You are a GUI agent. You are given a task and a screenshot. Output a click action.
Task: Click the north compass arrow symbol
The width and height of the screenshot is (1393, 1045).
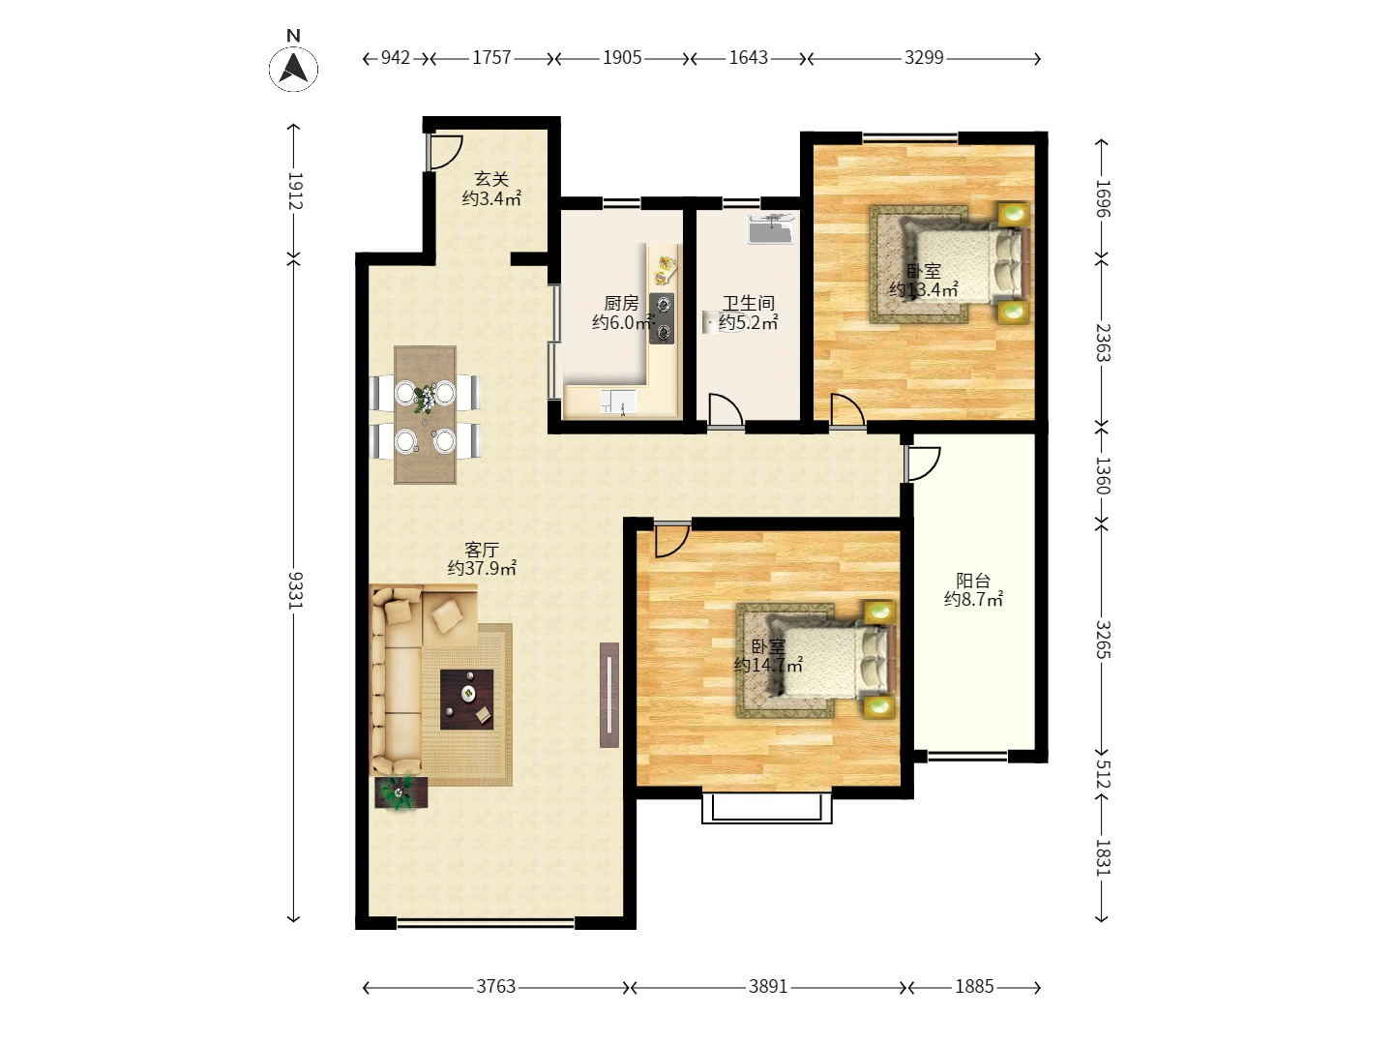pos(293,69)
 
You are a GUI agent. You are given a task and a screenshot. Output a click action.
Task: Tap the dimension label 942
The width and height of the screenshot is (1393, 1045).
pos(396,58)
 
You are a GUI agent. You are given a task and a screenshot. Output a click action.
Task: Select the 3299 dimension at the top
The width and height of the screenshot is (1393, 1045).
pos(924,58)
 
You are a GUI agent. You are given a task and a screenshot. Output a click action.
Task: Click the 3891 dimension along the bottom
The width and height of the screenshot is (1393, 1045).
pos(768,986)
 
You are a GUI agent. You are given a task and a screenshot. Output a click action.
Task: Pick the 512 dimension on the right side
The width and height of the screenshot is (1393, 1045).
pos(1103,774)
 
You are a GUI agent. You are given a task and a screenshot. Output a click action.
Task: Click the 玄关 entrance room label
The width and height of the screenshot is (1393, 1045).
pos(491,179)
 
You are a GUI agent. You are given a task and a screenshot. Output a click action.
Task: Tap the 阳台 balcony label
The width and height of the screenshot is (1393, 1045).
pos(973,580)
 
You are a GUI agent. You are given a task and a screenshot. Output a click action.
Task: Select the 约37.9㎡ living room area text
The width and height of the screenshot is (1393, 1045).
pos(482,568)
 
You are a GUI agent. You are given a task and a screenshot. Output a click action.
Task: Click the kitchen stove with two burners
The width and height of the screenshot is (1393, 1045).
pos(662,318)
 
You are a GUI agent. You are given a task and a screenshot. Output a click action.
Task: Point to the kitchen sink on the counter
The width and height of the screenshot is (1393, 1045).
pos(618,402)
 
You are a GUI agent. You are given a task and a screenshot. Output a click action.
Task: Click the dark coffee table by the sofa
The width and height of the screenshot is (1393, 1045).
pos(467,700)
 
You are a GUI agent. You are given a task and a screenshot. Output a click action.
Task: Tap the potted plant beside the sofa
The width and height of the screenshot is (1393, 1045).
pos(400,791)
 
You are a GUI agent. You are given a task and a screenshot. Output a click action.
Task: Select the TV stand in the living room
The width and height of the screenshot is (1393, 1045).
pos(608,695)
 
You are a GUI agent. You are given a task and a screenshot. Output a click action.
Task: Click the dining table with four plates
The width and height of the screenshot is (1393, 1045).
pos(426,414)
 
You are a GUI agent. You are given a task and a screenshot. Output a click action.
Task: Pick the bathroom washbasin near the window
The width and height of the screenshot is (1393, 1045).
pos(771,229)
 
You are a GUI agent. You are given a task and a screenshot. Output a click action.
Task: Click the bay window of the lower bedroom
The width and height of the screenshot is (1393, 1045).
pos(766,807)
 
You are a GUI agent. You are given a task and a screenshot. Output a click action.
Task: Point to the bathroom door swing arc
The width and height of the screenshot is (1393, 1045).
pos(726,410)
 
